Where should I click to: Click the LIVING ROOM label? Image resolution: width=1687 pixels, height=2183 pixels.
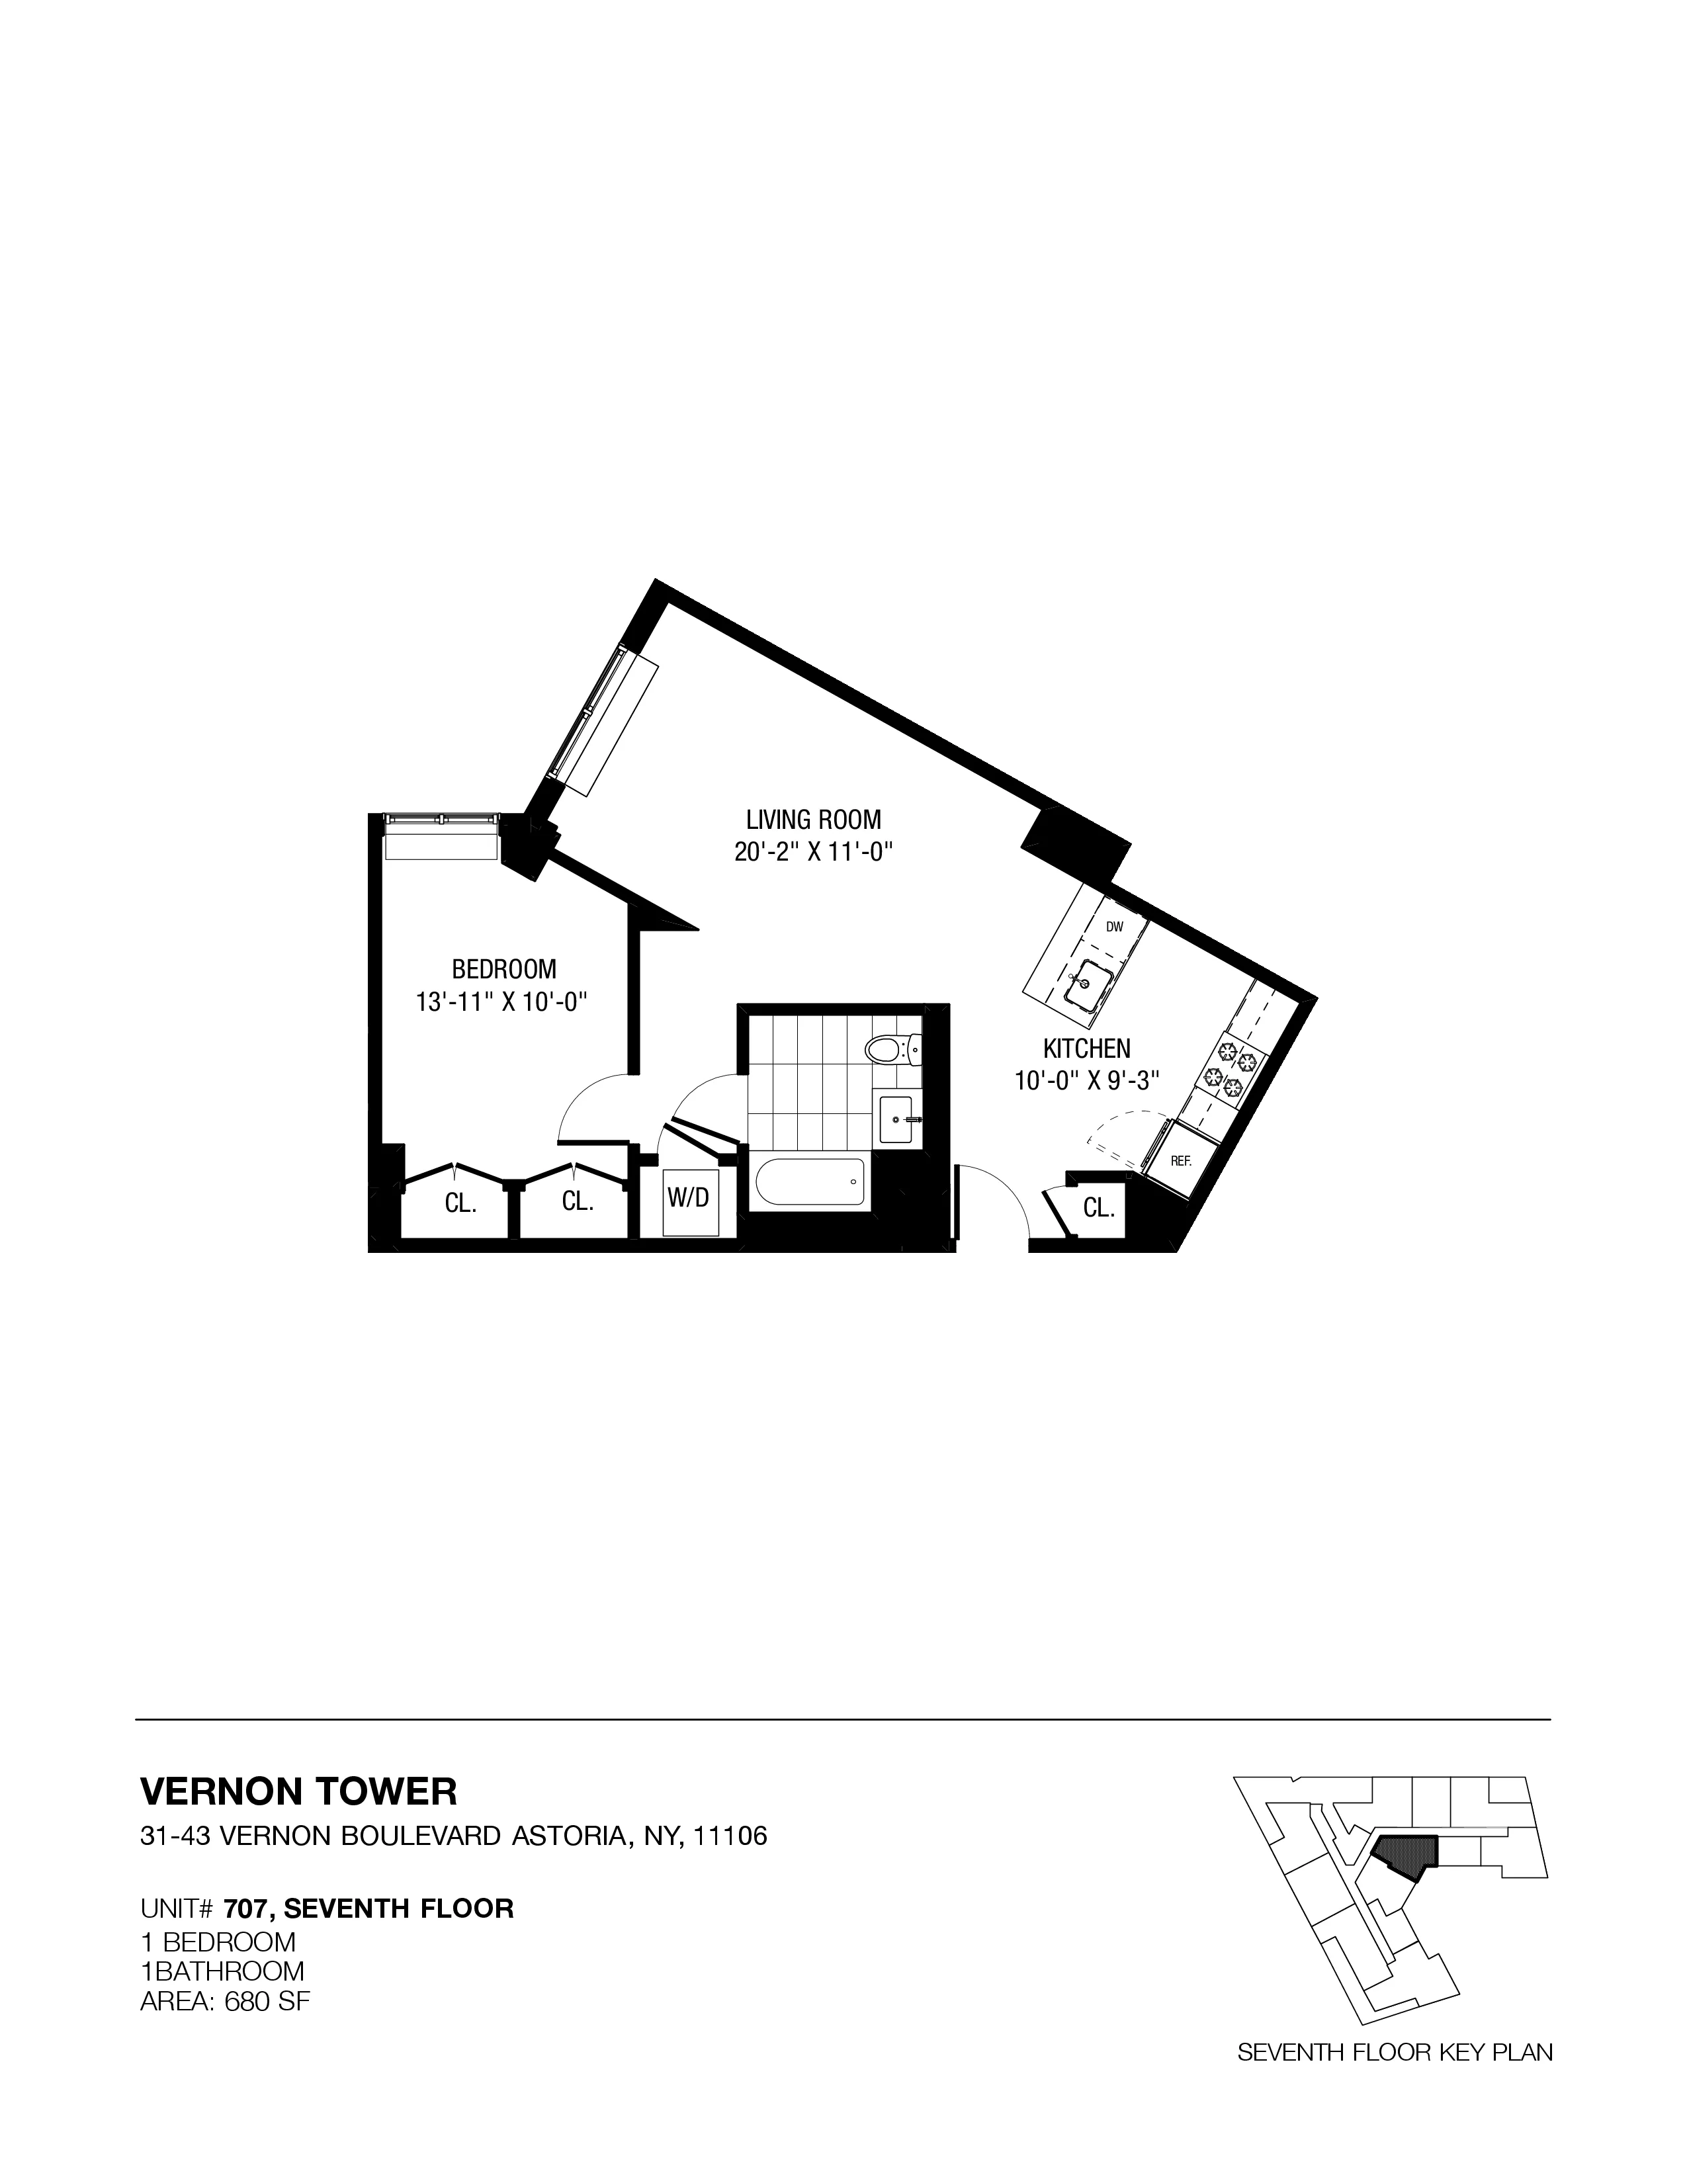pos(814,820)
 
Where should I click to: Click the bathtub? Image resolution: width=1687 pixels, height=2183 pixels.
pos(810,1185)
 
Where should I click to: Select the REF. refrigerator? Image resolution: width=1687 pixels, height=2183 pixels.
pos(1182,1160)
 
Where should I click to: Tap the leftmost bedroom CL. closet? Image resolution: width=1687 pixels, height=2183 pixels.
pos(460,1203)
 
